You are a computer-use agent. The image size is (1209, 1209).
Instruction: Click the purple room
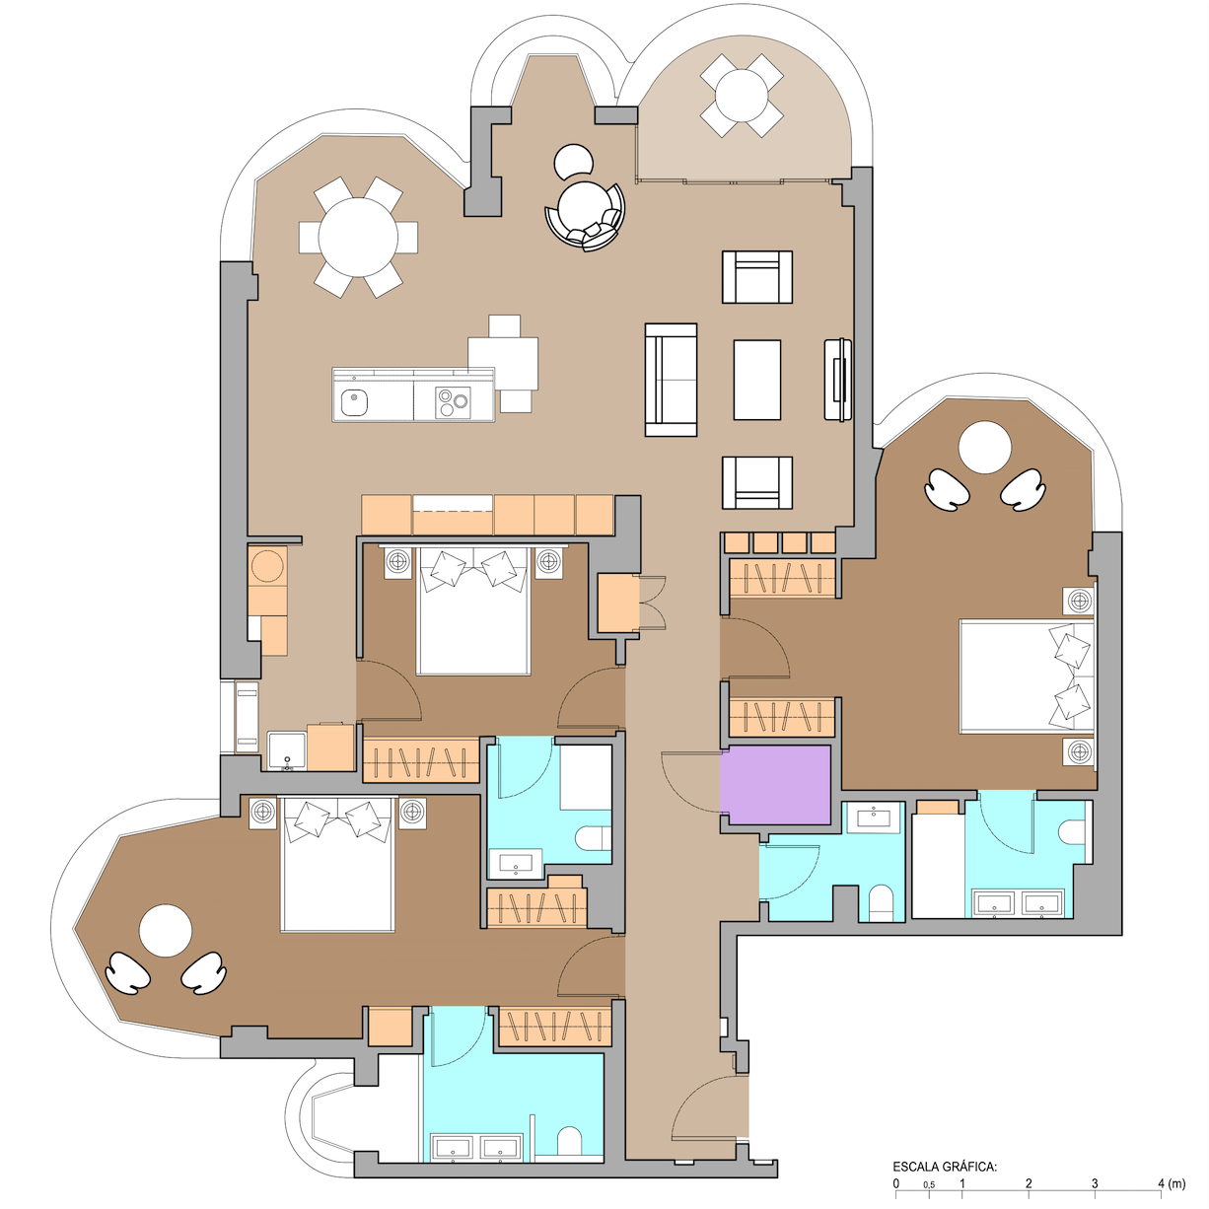(x=775, y=784)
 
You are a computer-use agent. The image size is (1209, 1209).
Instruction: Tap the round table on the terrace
(x=742, y=96)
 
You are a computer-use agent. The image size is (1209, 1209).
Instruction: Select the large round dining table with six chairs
(x=358, y=238)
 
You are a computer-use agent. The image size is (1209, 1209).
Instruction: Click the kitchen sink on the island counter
(x=354, y=402)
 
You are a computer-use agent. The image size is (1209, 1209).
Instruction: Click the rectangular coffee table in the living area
(x=757, y=380)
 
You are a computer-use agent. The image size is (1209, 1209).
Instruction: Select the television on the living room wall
(x=839, y=379)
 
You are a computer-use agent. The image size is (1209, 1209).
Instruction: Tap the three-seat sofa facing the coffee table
(x=671, y=380)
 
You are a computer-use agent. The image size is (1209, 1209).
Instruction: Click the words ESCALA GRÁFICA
(x=945, y=1167)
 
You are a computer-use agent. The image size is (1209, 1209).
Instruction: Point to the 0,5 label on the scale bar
(x=929, y=1184)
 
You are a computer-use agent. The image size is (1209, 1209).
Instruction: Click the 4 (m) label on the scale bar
(x=1172, y=1183)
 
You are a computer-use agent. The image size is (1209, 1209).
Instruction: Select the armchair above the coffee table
(x=757, y=277)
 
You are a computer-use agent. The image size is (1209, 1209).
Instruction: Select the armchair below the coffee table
(x=757, y=482)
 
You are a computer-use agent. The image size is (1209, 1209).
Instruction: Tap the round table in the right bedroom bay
(x=984, y=448)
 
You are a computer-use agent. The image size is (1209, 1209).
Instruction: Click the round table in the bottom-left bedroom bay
(x=165, y=931)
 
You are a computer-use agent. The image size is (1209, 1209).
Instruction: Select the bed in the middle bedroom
(x=473, y=610)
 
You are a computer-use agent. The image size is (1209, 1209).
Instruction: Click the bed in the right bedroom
(x=1027, y=676)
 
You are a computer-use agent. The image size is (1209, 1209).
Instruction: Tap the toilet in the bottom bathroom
(x=569, y=1142)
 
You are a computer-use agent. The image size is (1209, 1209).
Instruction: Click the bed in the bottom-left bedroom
(x=337, y=864)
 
